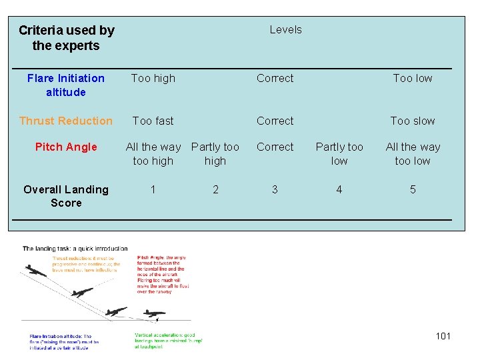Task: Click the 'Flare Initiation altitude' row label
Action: tap(66, 85)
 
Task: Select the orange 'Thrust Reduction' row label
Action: tap(66, 121)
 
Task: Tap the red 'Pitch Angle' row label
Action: tap(66, 147)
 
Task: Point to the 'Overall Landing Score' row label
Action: tap(66, 196)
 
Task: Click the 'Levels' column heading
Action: tap(285, 29)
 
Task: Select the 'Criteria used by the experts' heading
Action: tap(66, 38)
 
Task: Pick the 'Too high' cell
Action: tap(153, 78)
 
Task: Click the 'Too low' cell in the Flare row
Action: tap(413, 78)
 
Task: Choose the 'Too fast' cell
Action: tap(153, 121)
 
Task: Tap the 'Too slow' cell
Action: tap(413, 121)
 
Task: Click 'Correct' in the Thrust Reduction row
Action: tap(275, 121)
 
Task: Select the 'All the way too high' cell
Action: tap(153, 153)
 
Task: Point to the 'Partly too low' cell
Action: tap(339, 153)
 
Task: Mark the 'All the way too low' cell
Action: tap(413, 153)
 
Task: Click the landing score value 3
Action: tap(275, 189)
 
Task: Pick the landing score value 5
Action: tap(413, 189)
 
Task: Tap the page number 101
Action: tap(443, 336)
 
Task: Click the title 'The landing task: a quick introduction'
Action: tap(75, 249)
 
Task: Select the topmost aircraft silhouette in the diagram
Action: tap(37, 272)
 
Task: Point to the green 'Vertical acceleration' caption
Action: tap(168, 341)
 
